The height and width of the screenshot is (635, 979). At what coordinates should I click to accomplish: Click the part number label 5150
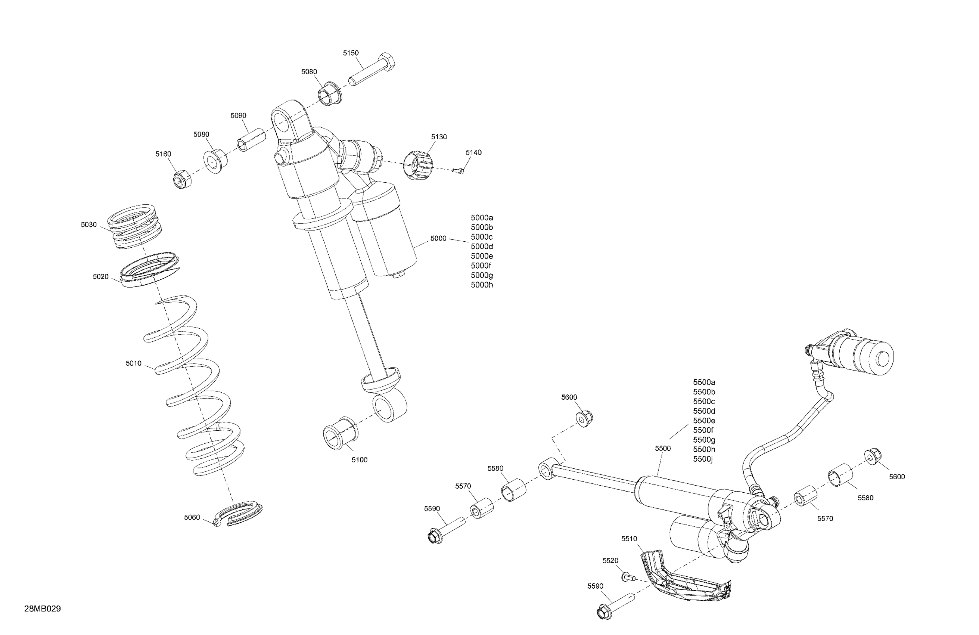tap(351, 53)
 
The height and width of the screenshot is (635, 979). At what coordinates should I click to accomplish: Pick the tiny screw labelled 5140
tap(458, 170)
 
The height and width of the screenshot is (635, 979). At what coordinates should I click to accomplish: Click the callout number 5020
tap(100, 277)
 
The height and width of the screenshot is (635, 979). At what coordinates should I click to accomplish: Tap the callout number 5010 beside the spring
tap(133, 363)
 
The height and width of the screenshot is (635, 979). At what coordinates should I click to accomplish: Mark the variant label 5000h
tap(482, 285)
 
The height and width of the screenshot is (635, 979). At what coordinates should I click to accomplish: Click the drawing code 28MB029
tap(42, 608)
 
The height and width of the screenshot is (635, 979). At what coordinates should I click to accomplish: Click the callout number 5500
tap(663, 449)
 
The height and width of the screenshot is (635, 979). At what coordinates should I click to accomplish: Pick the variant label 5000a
tap(482, 217)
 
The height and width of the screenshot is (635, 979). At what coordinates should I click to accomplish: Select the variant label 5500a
tap(704, 382)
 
